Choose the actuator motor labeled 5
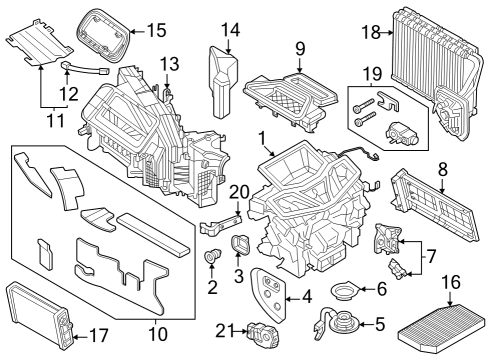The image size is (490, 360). coord(339,325)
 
